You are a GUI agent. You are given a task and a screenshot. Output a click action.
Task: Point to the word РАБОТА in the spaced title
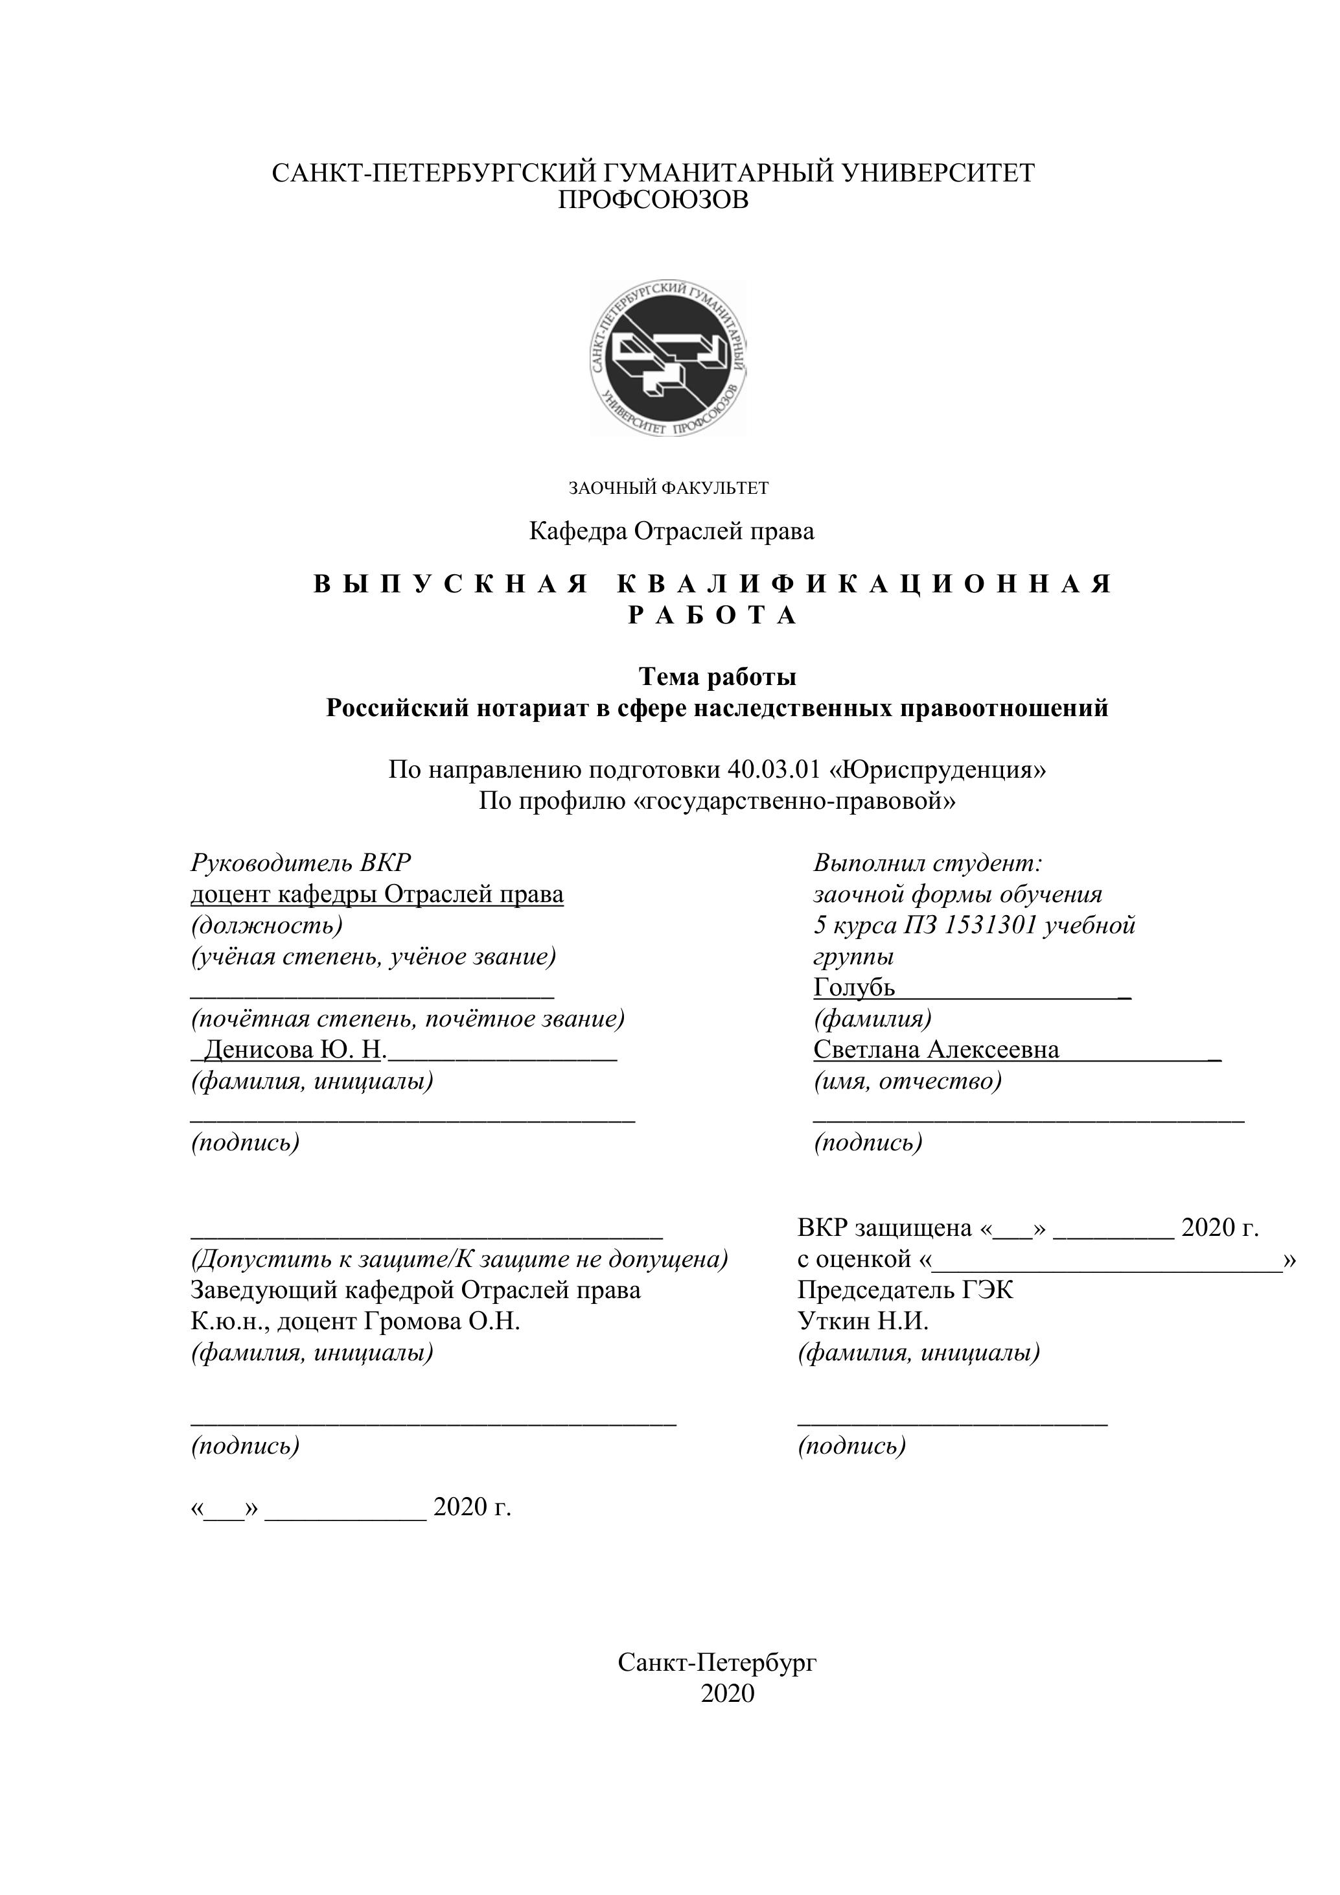click(x=713, y=616)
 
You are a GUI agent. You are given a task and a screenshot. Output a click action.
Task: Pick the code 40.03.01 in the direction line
click(x=774, y=769)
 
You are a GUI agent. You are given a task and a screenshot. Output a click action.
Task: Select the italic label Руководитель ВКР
click(x=301, y=863)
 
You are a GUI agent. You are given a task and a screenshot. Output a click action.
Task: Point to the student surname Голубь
click(x=854, y=987)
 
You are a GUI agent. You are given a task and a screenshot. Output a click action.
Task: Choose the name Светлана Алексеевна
click(x=936, y=1049)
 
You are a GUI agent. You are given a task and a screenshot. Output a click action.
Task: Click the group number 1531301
click(x=989, y=925)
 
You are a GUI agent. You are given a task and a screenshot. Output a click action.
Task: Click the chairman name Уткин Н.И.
click(x=863, y=1321)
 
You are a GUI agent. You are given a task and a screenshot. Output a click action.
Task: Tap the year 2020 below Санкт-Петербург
click(x=728, y=1693)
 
